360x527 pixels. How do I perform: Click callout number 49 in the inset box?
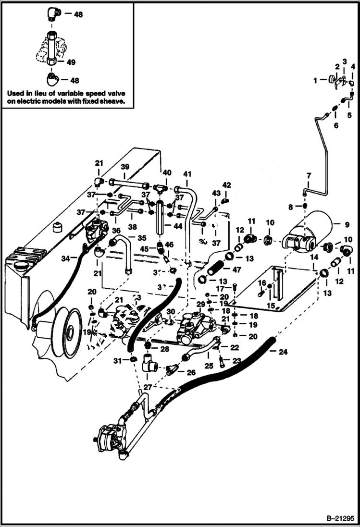(x=71, y=62)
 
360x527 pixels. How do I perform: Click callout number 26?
(x=191, y=372)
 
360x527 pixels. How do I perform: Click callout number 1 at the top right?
(x=315, y=81)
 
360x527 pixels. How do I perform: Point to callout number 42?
(x=226, y=185)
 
